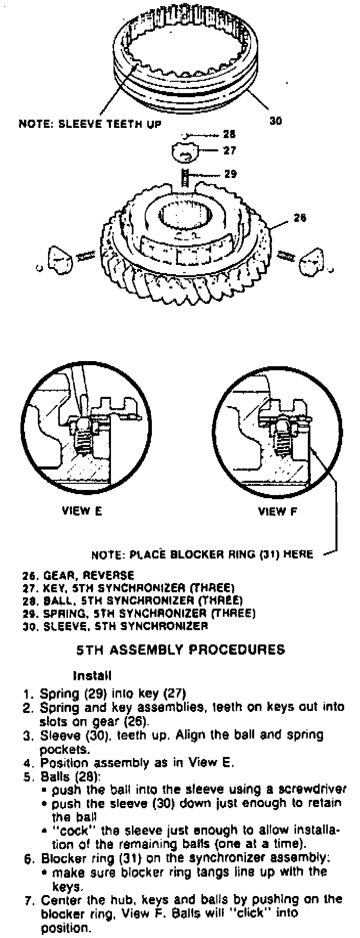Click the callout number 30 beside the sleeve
tap(276, 121)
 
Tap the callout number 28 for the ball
tap(229, 135)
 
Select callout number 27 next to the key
tap(229, 151)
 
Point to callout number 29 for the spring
tap(230, 174)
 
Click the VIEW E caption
tap(82, 511)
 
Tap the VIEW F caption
tap(277, 511)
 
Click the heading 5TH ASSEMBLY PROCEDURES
tap(181, 650)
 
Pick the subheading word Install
tap(93, 676)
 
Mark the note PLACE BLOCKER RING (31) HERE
tap(202, 554)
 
